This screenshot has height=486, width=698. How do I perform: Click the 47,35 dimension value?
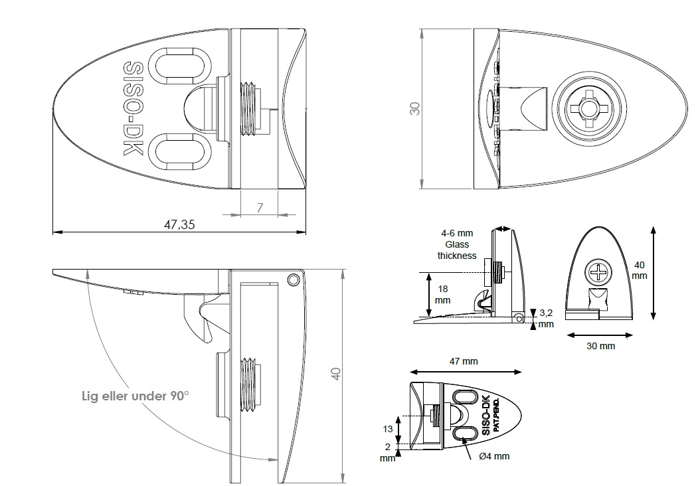pyautogui.click(x=179, y=224)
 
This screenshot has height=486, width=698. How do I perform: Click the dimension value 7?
pyautogui.click(x=260, y=207)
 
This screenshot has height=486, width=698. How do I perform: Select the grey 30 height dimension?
pyautogui.click(x=415, y=108)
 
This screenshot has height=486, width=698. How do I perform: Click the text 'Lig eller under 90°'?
pyautogui.click(x=135, y=396)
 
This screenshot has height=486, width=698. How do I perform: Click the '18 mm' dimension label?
pyautogui.click(x=442, y=295)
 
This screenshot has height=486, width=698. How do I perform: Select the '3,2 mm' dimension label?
pyautogui.click(x=545, y=318)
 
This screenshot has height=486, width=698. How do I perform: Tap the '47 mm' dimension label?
pyautogui.click(x=463, y=361)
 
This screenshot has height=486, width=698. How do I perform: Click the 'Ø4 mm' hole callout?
pyautogui.click(x=494, y=456)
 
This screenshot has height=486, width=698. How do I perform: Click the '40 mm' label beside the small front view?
pyautogui.click(x=638, y=270)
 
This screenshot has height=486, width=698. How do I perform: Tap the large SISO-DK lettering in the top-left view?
pyautogui.click(x=135, y=110)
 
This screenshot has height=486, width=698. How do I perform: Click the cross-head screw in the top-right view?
pyautogui.click(x=588, y=108)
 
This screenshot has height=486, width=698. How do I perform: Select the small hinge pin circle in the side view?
pyautogui.click(x=292, y=280)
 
